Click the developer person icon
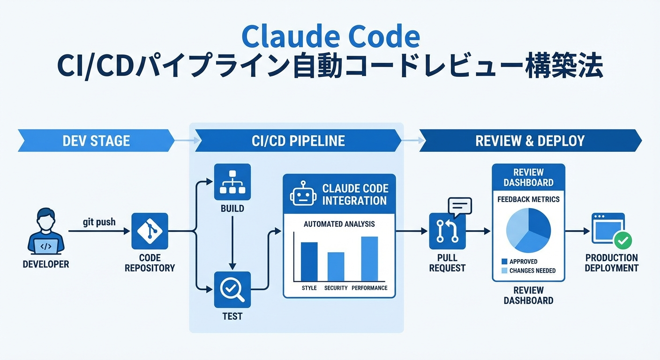[x=45, y=231]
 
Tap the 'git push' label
[x=99, y=222]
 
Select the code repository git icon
[x=150, y=231]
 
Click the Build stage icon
[x=232, y=182]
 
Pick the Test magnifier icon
[x=232, y=290]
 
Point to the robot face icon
[x=303, y=194]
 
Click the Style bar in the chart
[x=309, y=261]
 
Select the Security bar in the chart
[x=336, y=266]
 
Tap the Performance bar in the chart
[x=369, y=258]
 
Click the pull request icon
[x=447, y=231]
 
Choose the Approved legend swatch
[x=504, y=262]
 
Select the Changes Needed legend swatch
[x=504, y=270]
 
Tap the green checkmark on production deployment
[x=623, y=241]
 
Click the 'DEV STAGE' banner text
[x=96, y=141]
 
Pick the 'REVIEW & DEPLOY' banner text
[x=530, y=141]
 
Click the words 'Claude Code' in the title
[x=330, y=37]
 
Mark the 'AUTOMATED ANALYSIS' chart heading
[x=339, y=224]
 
